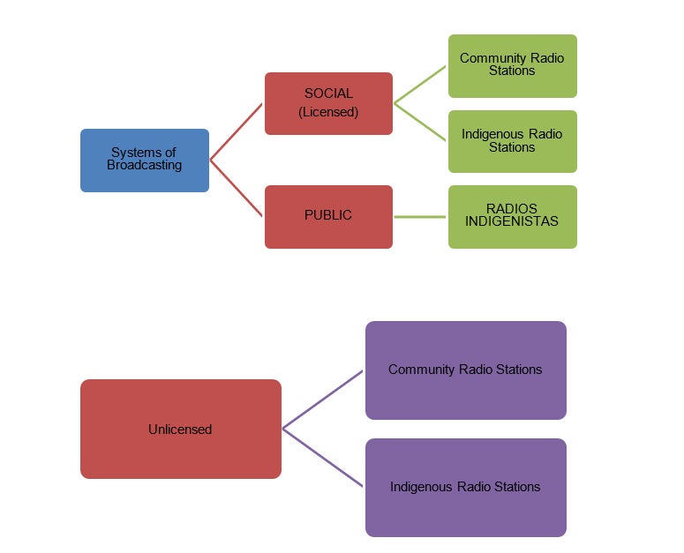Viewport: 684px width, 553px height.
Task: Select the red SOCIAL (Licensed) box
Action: tap(328, 103)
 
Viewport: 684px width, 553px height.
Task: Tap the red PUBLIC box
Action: tap(328, 216)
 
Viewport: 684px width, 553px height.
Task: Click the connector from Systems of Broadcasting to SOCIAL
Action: tap(237, 131)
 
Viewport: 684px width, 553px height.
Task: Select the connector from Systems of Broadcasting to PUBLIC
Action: tap(237, 188)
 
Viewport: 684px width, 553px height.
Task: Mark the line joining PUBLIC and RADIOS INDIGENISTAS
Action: tap(420, 216)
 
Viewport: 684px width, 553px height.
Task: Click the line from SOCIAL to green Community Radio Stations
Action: tap(420, 86)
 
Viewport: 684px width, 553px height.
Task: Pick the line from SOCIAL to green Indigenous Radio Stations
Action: tap(420, 122)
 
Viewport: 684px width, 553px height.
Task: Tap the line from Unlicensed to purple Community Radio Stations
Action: tap(322, 400)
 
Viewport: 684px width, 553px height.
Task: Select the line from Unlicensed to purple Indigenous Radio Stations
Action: tap(322, 458)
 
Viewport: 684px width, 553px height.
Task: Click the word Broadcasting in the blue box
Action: tap(144, 165)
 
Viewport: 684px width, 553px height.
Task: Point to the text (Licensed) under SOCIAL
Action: tap(328, 112)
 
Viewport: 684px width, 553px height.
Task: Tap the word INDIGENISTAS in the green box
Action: tap(512, 221)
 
